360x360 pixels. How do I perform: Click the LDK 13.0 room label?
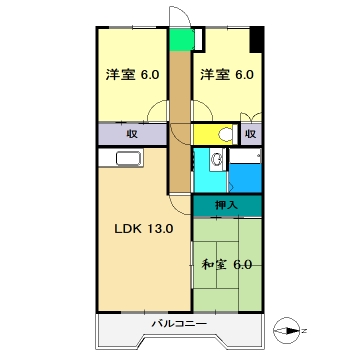141,229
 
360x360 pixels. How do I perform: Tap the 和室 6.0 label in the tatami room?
226,264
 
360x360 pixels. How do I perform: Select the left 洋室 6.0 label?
132,74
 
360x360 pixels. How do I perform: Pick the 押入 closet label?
227,206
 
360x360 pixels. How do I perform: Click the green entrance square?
179,40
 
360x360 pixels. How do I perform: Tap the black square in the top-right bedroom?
256,43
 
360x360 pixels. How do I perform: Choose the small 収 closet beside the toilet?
250,134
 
